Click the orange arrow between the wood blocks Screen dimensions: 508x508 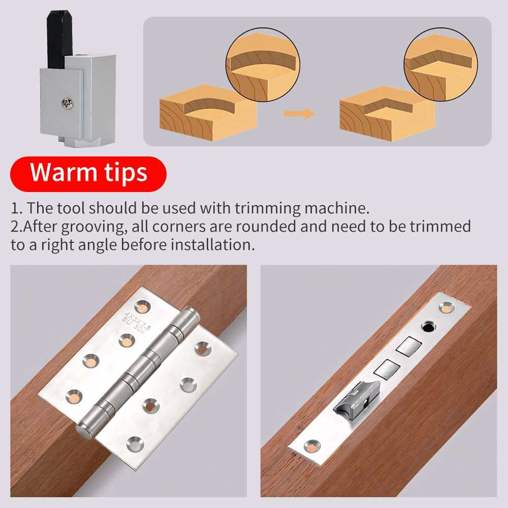click(299, 113)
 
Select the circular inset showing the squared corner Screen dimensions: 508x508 click(440, 65)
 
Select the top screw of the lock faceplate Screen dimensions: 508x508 click(447, 307)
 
